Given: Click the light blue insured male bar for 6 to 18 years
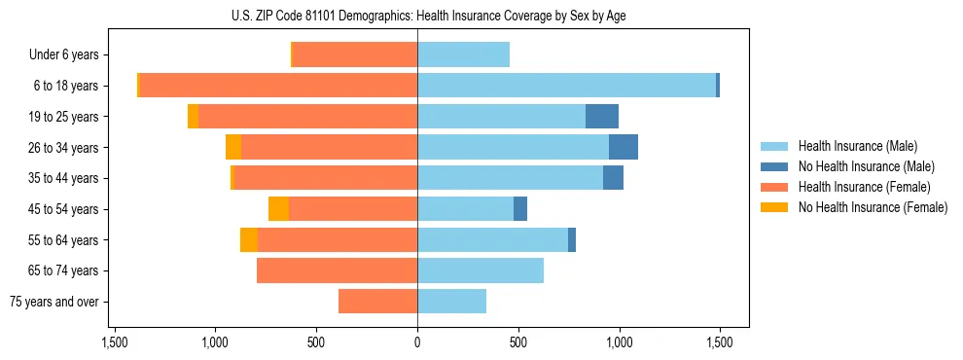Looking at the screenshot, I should pyautogui.click(x=566, y=86).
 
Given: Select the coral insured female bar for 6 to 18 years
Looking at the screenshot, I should pyautogui.click(x=278, y=86).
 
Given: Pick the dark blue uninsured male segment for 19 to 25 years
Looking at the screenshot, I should pyautogui.click(x=602, y=117).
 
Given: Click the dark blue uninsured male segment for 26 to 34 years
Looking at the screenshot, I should pyautogui.click(x=624, y=147).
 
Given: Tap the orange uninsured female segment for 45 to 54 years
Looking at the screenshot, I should pyautogui.click(x=278, y=209).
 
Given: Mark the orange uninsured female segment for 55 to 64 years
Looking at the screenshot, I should pyautogui.click(x=249, y=239).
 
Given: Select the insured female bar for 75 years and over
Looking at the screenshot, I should pyautogui.click(x=377, y=302).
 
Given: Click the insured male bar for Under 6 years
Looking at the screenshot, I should pyautogui.click(x=463, y=54).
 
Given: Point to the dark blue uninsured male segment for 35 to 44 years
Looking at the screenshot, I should pyautogui.click(x=613, y=178).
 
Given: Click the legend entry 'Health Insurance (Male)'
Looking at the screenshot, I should pyautogui.click(x=857, y=146).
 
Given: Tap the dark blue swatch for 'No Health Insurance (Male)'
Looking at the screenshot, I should pyautogui.click(x=775, y=166).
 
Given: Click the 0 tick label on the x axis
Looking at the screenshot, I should pyautogui.click(x=417, y=342).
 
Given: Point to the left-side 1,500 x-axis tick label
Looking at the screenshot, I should pyautogui.click(x=115, y=342).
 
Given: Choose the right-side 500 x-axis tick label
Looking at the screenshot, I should pyautogui.click(x=518, y=342).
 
